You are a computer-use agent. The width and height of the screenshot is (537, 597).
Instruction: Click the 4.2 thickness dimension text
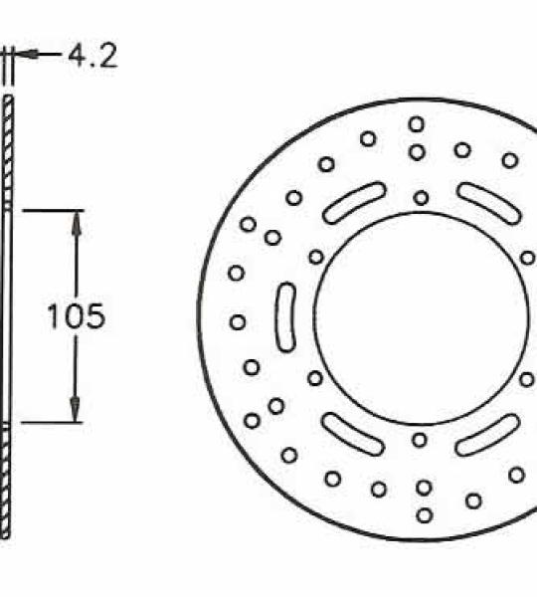point(92,57)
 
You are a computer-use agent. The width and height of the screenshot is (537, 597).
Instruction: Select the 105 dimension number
point(76,316)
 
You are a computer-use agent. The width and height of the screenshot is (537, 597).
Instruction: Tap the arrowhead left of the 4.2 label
point(28,55)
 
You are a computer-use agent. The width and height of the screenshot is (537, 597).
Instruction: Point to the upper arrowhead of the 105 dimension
point(77,222)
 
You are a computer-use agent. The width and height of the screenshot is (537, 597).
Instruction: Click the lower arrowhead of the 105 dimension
point(75,409)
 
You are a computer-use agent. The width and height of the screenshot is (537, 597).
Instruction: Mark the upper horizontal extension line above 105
point(54,210)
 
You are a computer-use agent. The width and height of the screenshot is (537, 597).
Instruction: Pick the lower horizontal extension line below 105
point(52,422)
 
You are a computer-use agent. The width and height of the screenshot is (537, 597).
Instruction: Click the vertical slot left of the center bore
point(285,316)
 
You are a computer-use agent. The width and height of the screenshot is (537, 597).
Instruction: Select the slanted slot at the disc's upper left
point(354,202)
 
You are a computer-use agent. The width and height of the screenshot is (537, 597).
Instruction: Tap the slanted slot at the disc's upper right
point(489,203)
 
